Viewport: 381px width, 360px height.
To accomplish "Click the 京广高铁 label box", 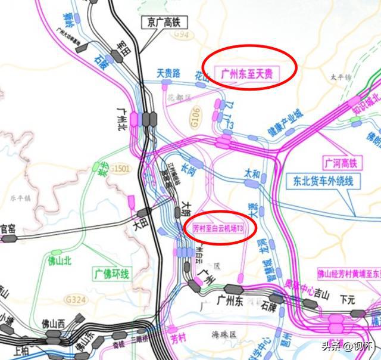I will pyautogui.click(x=164, y=23).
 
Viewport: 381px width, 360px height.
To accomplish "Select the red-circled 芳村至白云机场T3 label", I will pyautogui.click(x=220, y=228).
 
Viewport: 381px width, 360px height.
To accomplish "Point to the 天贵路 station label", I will pyautogui.click(x=168, y=73).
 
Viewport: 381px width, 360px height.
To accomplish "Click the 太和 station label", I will pyautogui.click(x=252, y=173).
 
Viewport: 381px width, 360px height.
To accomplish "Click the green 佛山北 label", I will pyautogui.click(x=60, y=259).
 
